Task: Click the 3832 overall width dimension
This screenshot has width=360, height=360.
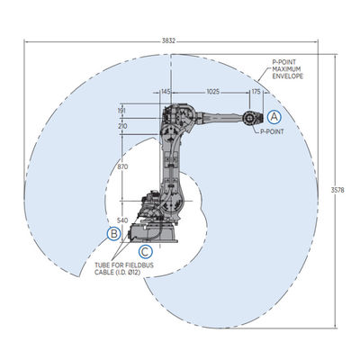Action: point(168,41)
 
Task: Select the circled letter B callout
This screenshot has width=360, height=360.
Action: point(114,233)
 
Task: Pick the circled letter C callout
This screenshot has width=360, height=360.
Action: point(145,251)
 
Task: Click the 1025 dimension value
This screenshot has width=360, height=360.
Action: point(213,92)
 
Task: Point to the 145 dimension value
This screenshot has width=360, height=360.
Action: point(166,92)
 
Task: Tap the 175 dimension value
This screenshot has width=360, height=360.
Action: point(256,92)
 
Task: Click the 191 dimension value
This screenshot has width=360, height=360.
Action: point(122,111)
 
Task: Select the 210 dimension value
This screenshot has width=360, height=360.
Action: point(122,126)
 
